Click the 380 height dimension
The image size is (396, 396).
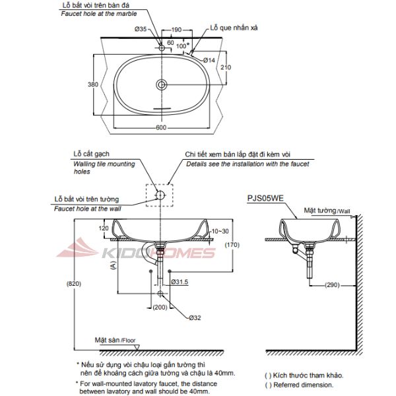pos(94,84)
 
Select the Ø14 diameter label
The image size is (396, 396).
pos(209,60)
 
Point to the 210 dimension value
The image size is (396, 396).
pos(226,68)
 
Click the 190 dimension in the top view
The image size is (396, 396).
pos(176,30)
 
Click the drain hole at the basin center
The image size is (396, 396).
pos(162,84)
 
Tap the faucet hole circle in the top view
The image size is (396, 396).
pos(162,48)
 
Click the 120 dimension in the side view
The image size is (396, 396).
pos(103,228)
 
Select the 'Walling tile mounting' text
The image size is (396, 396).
pos(104,164)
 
